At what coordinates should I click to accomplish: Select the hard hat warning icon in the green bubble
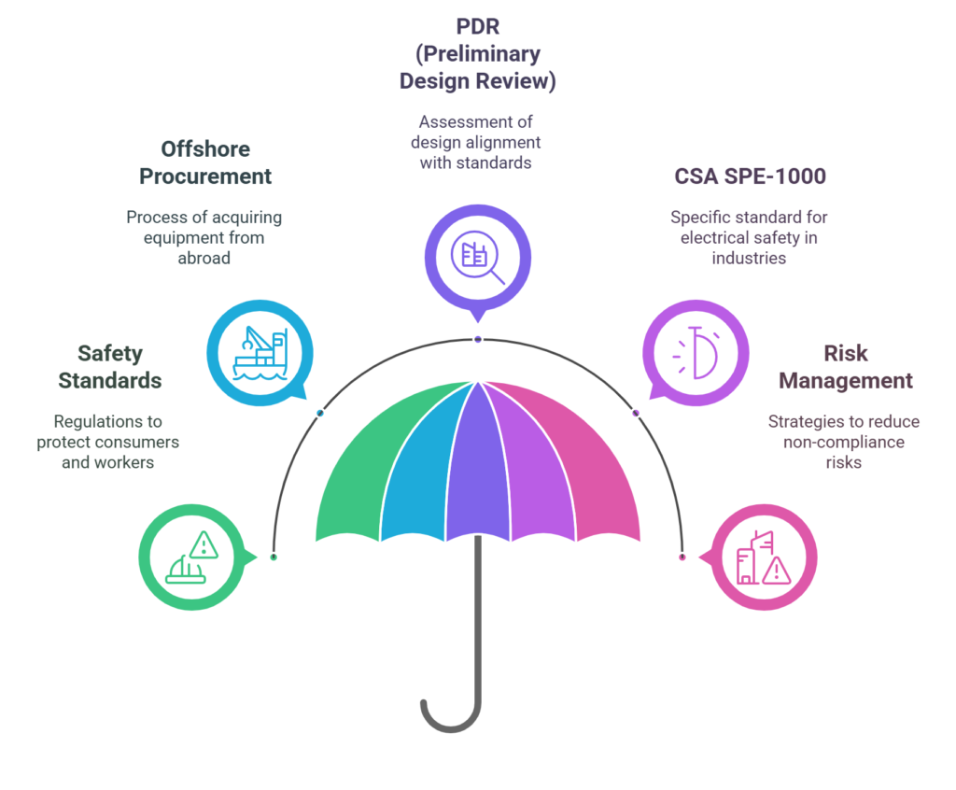click(191, 558)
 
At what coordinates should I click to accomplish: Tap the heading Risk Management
click(846, 367)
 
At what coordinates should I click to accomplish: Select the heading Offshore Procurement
click(205, 162)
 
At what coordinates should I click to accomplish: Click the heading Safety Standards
click(110, 367)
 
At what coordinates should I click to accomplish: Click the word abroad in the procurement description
click(204, 258)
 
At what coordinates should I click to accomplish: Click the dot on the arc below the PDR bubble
click(478, 339)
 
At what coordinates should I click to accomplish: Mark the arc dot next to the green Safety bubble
click(273, 557)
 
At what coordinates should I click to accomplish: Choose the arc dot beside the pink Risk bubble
click(682, 557)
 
